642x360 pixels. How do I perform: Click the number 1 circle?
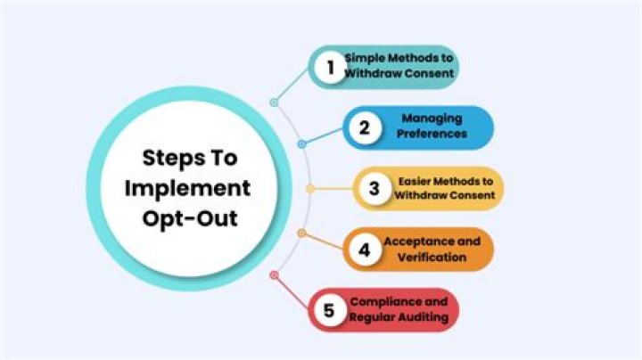[x=331, y=68]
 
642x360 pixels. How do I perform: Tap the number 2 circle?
[x=365, y=128]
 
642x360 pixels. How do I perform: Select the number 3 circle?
[x=374, y=189]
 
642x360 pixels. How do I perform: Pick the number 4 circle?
[x=365, y=250]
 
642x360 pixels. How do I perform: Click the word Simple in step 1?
[x=365, y=58]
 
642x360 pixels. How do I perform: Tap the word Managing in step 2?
[x=432, y=119]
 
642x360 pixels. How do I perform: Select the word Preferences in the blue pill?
[x=432, y=134]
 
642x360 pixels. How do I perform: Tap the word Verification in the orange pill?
[x=432, y=258]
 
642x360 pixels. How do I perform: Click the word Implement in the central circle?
[x=187, y=189]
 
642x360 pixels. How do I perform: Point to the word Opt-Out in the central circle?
[x=190, y=218]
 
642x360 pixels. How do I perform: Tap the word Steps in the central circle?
[x=169, y=159]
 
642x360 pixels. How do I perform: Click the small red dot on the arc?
[x=275, y=275]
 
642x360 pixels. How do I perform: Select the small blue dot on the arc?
[x=301, y=144]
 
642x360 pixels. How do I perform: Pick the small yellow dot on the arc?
[x=310, y=189]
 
